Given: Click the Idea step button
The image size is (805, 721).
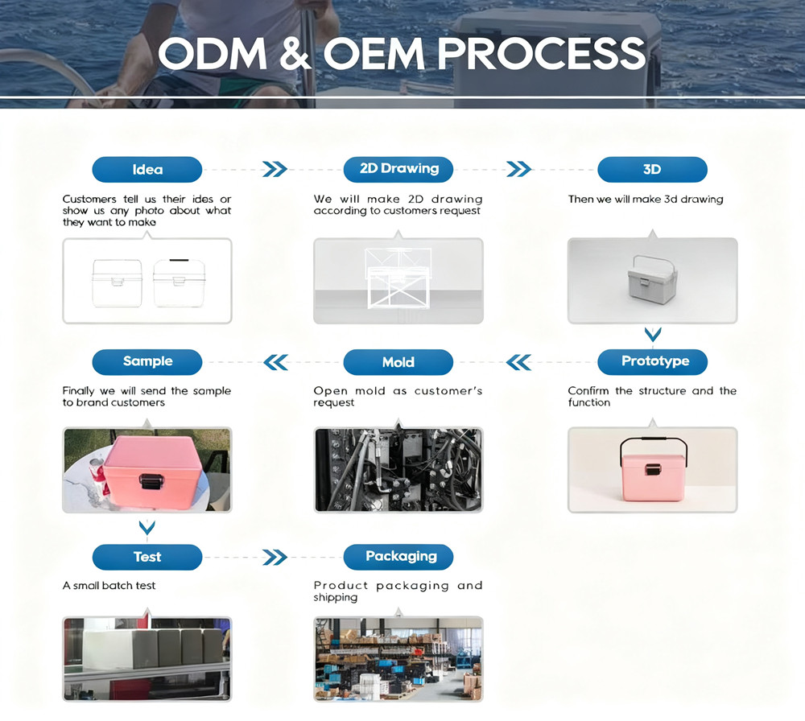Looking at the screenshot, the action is (147, 169).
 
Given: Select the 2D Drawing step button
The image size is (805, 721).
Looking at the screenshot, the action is (398, 169).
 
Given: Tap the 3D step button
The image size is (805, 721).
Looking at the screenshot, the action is (652, 169).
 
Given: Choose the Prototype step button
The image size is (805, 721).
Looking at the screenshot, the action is (652, 362).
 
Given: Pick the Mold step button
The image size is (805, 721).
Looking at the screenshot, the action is (398, 362).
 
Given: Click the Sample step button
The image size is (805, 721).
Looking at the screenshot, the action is (147, 362).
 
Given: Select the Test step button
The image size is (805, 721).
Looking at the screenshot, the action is (147, 557).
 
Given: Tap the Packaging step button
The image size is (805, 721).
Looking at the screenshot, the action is (398, 557).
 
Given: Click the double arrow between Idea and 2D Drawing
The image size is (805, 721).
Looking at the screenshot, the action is (275, 169).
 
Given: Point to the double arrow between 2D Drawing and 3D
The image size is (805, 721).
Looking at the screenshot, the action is (518, 169).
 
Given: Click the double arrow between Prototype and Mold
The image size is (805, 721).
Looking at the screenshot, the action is (518, 362).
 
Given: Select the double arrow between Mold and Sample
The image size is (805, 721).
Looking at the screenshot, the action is (275, 362).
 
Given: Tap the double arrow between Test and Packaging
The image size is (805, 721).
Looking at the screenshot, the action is (275, 558).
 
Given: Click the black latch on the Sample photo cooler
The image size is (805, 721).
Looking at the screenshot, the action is (151, 481).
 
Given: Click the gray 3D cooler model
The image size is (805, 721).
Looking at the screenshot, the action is (652, 279).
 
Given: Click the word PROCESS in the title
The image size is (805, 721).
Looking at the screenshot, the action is (541, 53).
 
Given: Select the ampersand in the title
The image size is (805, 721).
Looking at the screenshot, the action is (295, 53).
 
